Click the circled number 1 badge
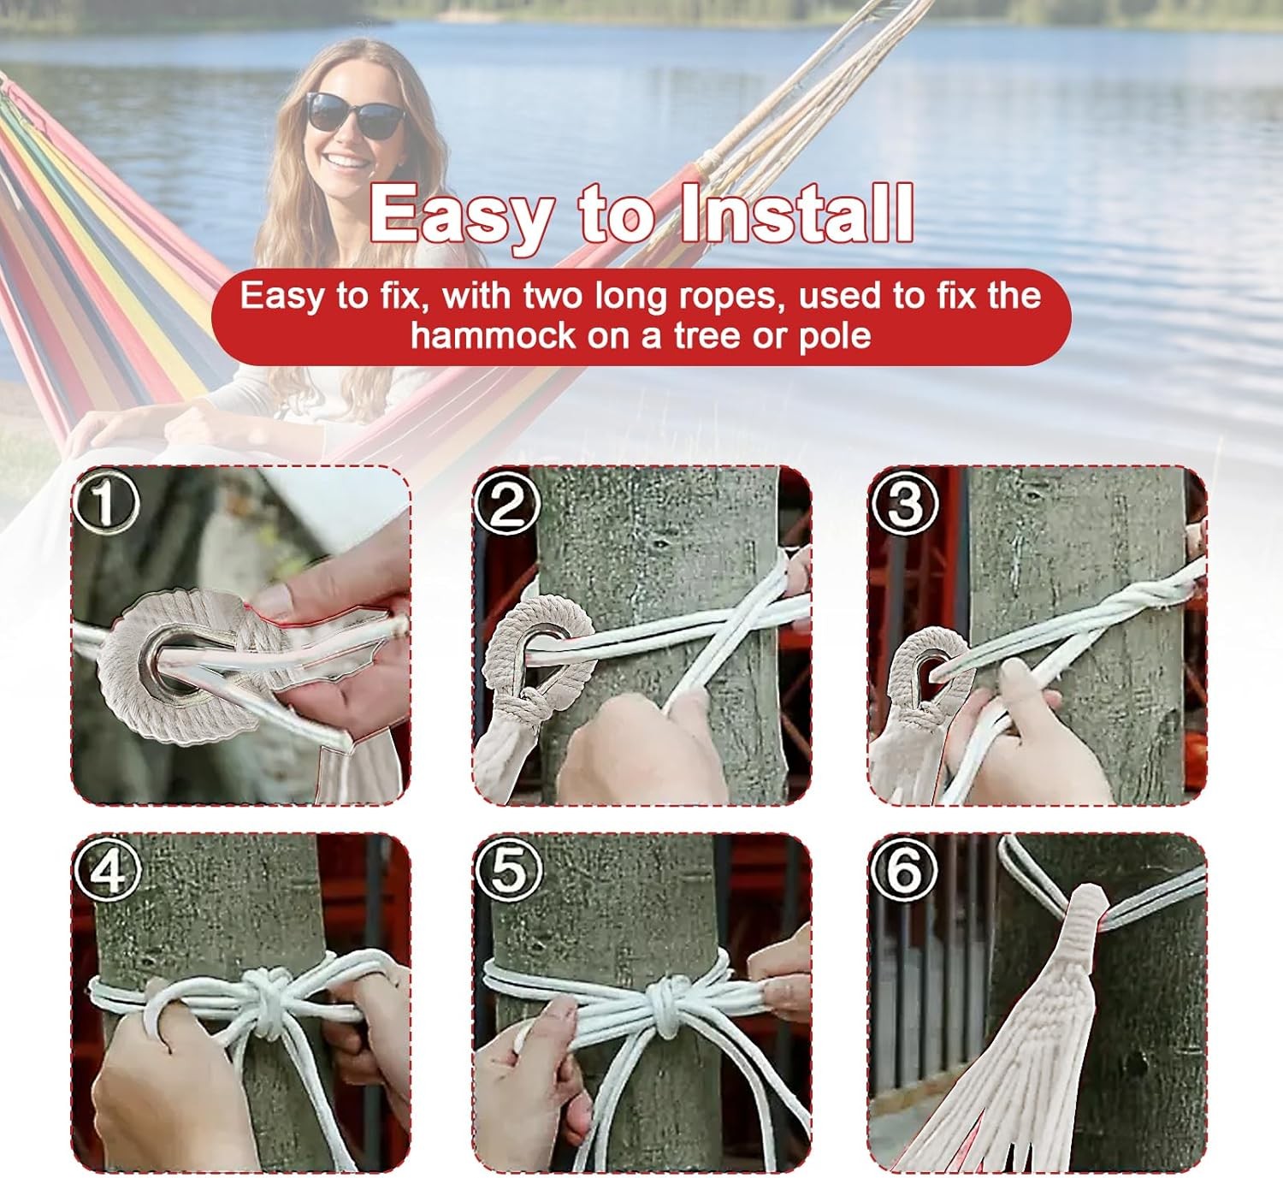point(106,503)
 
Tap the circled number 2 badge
point(508,503)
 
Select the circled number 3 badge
point(905,503)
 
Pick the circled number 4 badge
point(106,871)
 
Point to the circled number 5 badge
point(508,871)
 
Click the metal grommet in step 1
point(175,659)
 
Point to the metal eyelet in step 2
point(544,638)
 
